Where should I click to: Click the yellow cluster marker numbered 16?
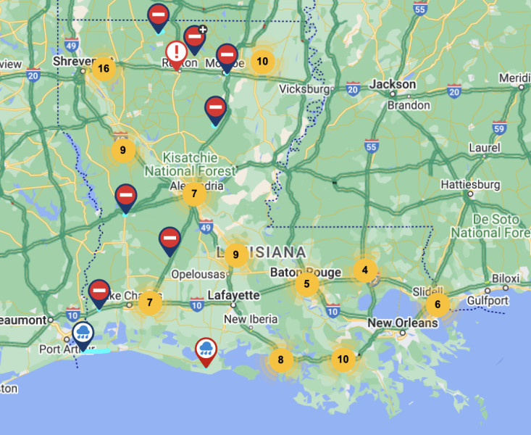[104, 69]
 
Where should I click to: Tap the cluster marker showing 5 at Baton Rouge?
[307, 283]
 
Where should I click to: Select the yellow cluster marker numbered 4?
[365, 270]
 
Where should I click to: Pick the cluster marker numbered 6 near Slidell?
[437, 304]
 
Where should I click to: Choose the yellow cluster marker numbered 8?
[280, 359]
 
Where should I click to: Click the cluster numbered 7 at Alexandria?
[193, 194]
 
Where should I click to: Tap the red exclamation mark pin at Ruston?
[176, 53]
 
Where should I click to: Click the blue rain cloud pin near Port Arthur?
[83, 333]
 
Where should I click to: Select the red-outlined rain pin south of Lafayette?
[207, 349]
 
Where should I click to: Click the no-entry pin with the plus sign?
[194, 37]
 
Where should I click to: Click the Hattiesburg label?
[471, 185]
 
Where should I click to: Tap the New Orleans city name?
[402, 323]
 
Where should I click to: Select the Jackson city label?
[393, 84]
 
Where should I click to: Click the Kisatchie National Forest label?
[190, 165]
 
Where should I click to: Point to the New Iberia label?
[250, 319]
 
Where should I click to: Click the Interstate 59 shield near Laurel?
[498, 128]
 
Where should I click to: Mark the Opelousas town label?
[199, 275]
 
